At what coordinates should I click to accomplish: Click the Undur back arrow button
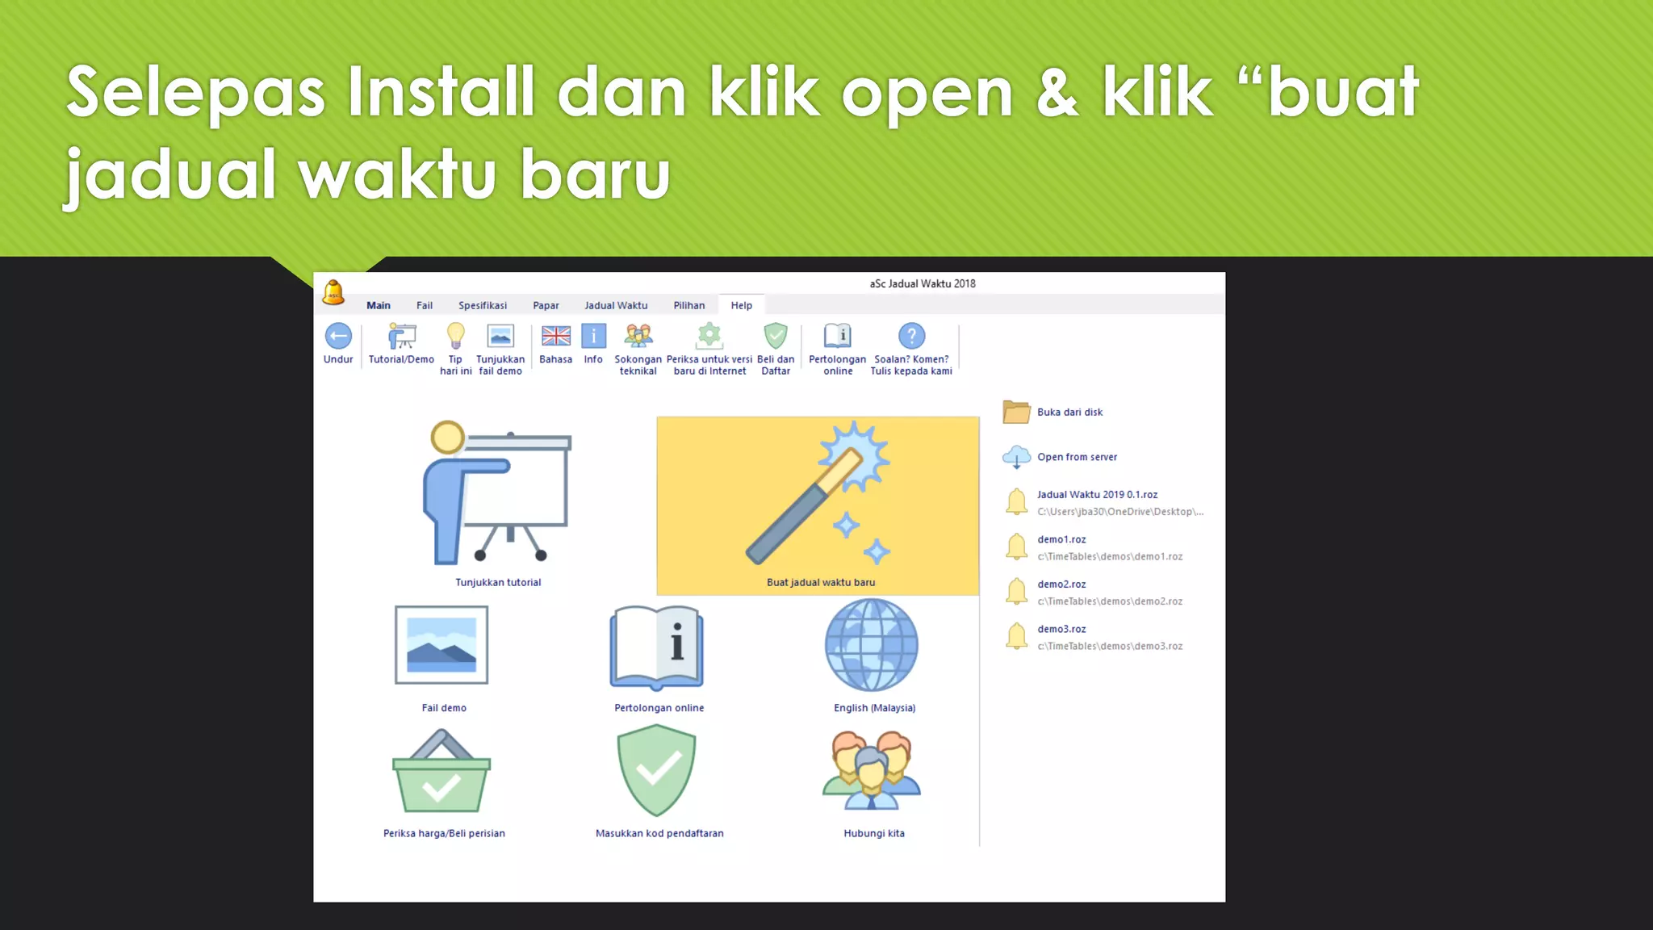[338, 336]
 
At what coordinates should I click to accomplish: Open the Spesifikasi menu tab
[483, 305]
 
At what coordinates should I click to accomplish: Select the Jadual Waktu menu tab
[616, 305]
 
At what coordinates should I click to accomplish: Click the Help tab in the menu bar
[741, 305]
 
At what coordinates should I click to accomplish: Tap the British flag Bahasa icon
[555, 336]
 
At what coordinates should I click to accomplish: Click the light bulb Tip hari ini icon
[456, 335]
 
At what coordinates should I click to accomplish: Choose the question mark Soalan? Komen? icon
[911, 336]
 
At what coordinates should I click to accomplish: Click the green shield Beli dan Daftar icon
[776, 335]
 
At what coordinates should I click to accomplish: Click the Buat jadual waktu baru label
[821, 582]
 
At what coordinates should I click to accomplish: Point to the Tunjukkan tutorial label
[498, 582]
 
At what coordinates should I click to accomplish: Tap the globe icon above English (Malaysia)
[872, 645]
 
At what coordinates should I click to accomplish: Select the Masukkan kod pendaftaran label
[659, 833]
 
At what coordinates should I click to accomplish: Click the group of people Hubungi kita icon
[872, 770]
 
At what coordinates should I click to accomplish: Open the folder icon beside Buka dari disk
[1016, 412]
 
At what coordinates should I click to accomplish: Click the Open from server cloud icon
[1016, 457]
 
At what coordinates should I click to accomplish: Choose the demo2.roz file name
[1061, 584]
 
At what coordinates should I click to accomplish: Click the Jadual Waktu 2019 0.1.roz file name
[1097, 495]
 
